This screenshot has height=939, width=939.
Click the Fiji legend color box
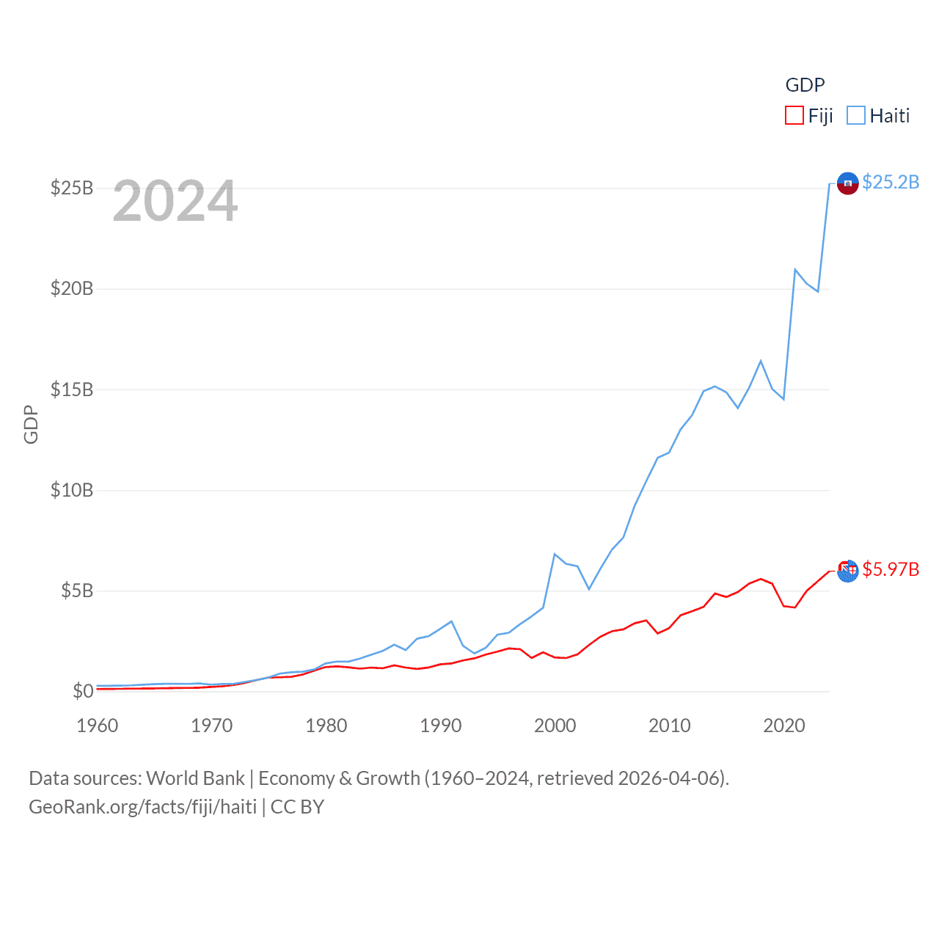click(794, 116)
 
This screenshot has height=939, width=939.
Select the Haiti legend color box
click(856, 116)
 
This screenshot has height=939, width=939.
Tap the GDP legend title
click(805, 85)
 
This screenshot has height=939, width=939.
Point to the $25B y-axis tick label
click(72, 189)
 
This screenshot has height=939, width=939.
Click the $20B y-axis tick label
click(72, 289)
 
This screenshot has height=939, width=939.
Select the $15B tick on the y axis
click(72, 390)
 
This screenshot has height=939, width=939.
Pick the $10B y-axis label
click(72, 490)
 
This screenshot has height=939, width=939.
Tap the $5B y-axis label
click(77, 591)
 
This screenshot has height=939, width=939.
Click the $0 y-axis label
click(83, 691)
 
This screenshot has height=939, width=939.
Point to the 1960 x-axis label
click(98, 726)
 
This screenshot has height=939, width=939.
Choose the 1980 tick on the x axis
click(326, 726)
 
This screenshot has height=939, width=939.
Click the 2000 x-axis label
click(555, 726)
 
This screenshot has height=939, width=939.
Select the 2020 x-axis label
click(784, 726)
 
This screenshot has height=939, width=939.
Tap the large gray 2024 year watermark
click(175, 201)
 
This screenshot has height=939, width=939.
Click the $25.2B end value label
click(891, 182)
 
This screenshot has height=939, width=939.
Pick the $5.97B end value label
click(891, 569)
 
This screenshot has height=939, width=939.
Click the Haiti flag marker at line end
click(847, 183)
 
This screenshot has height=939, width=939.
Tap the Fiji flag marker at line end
click(847, 571)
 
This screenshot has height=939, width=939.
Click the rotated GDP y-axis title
click(31, 424)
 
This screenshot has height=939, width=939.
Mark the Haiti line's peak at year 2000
click(555, 554)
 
